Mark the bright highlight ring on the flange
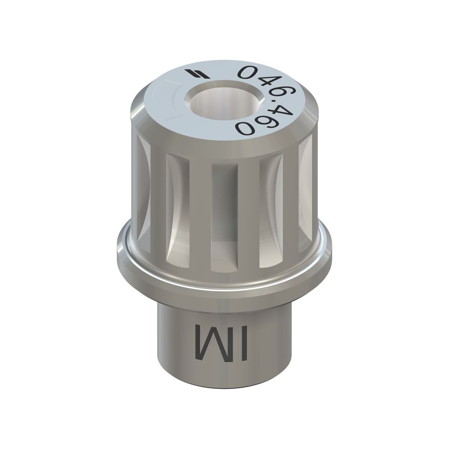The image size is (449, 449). pyautogui.click(x=224, y=276)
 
